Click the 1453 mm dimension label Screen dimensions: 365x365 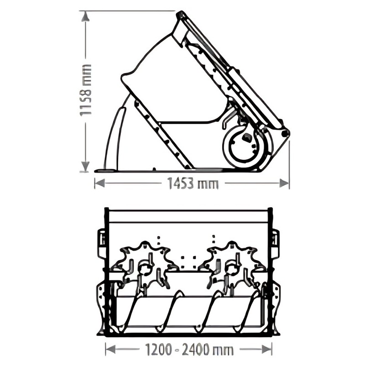tap(193, 183)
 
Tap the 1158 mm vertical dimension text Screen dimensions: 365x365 tap(85, 90)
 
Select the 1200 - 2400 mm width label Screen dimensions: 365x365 tap(189, 349)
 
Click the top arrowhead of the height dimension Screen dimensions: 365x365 tap(85, 17)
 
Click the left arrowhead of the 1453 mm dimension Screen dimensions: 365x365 tap(99, 183)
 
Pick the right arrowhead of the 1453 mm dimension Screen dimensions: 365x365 tap(284, 183)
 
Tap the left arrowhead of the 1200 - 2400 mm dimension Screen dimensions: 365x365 tap(110, 349)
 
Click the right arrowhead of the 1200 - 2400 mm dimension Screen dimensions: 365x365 tap(267, 349)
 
